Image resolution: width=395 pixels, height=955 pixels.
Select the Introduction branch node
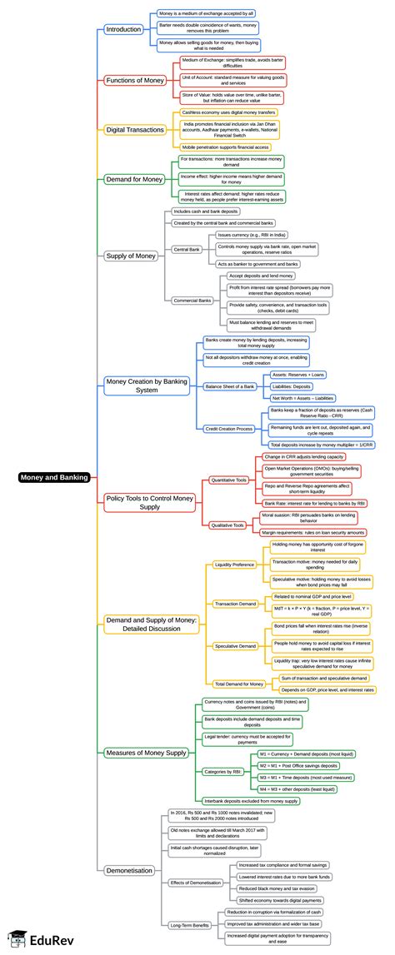[x=123, y=30]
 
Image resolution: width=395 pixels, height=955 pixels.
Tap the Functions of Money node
[x=135, y=80]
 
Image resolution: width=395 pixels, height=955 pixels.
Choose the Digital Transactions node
[x=133, y=129]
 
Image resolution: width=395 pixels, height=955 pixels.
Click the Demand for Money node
[x=134, y=178]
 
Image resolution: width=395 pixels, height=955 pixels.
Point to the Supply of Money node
[x=131, y=255]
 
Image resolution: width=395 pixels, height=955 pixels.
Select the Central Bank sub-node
[x=185, y=250]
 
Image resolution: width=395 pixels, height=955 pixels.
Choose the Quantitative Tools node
[x=227, y=480]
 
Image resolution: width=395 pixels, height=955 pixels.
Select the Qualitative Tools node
[x=227, y=525]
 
